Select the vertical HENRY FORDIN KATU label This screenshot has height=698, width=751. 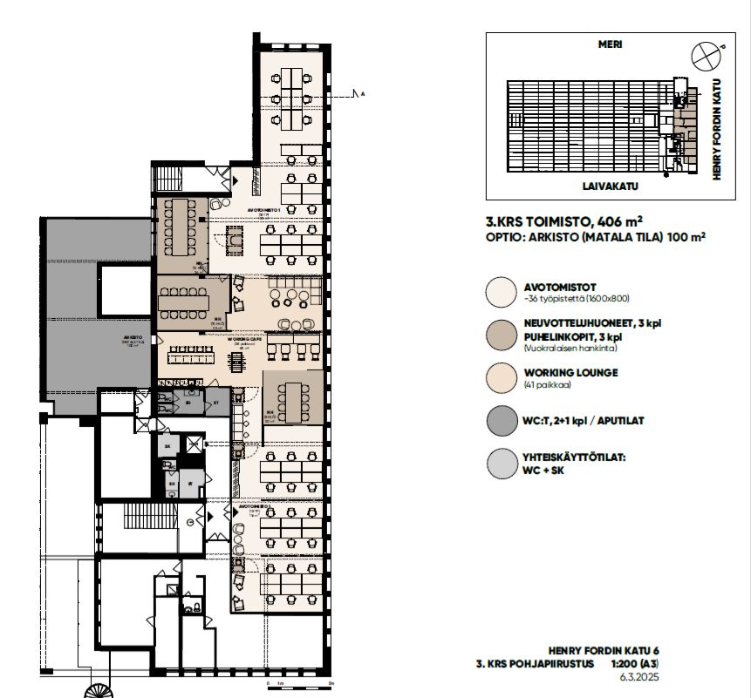[x=720, y=127]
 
